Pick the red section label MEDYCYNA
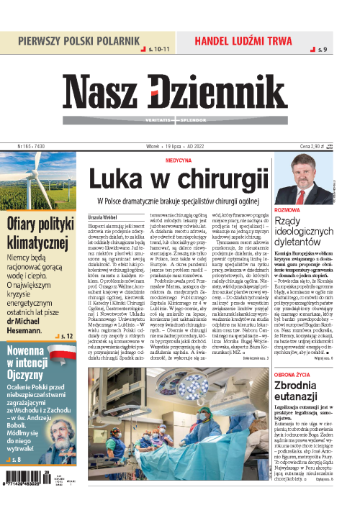179,160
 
